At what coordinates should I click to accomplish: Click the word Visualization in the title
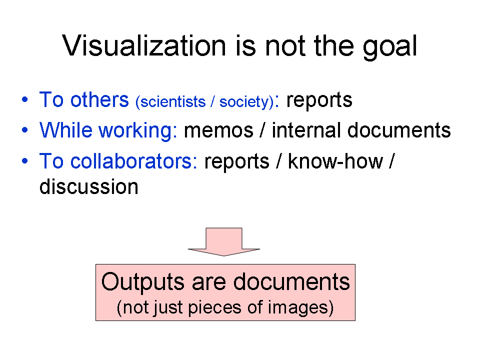click(x=144, y=45)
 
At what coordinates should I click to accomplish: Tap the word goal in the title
click(x=390, y=47)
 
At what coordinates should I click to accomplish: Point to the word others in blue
click(x=99, y=99)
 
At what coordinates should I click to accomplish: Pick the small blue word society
click(x=244, y=101)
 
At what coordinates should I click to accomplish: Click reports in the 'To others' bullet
click(x=319, y=100)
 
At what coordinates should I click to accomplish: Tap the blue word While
click(x=66, y=130)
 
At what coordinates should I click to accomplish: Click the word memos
click(x=218, y=130)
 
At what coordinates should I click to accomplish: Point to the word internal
click(x=306, y=130)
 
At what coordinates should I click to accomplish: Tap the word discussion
click(x=89, y=186)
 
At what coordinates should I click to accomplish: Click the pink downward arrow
click(x=224, y=241)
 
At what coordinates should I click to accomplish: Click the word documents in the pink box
click(x=291, y=281)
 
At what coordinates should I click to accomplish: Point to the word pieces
click(x=214, y=308)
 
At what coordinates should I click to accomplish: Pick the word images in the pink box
click(x=297, y=308)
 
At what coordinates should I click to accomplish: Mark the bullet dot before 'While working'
click(x=25, y=130)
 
